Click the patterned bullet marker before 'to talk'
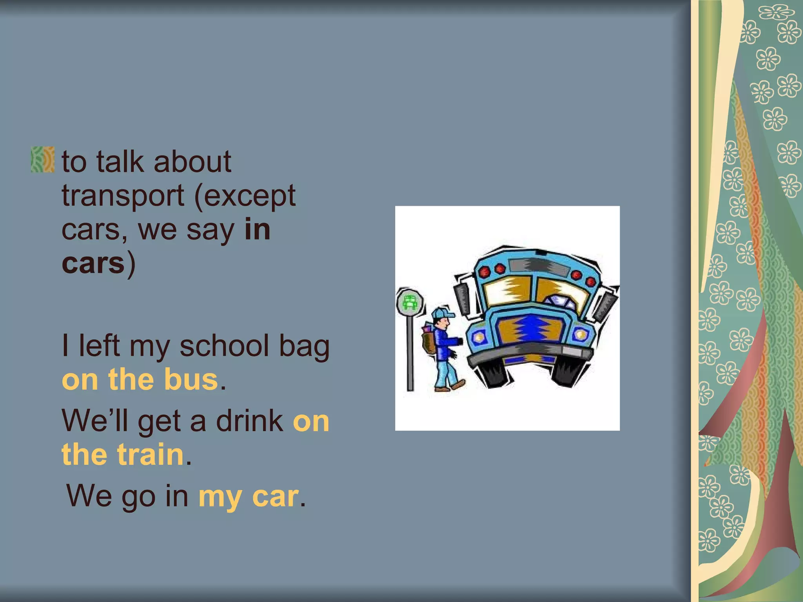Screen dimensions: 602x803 [x=43, y=160]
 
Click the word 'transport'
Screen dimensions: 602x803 [x=123, y=196]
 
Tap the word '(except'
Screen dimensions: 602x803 [x=245, y=196]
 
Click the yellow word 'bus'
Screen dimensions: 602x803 [x=191, y=380]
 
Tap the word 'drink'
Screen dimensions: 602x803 [x=250, y=421]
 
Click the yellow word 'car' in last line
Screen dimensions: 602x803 [x=275, y=497]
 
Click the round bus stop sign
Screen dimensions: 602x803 [x=410, y=302]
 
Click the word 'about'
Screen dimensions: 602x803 [x=192, y=162]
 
